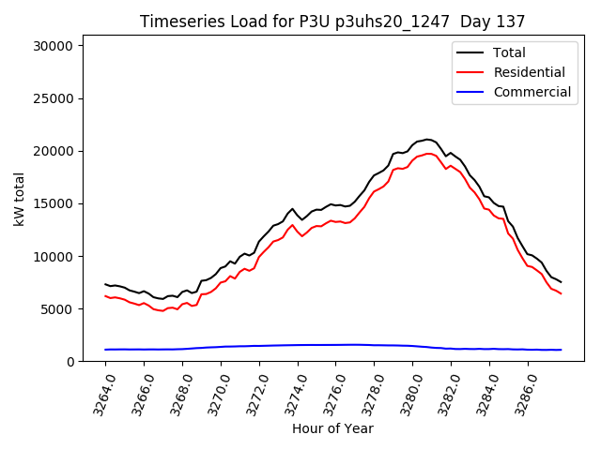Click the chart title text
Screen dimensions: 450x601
click(332, 22)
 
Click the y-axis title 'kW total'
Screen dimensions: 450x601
click(19, 203)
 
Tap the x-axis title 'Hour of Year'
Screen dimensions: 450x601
click(332, 428)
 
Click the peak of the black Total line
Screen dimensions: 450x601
click(427, 140)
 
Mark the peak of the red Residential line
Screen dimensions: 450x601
click(428, 154)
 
